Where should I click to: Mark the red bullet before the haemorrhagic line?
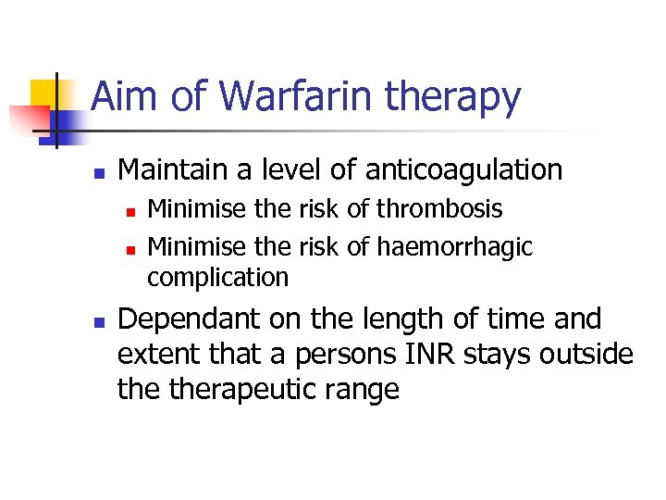(x=130, y=249)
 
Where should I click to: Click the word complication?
(x=218, y=277)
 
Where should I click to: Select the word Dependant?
(x=191, y=319)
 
